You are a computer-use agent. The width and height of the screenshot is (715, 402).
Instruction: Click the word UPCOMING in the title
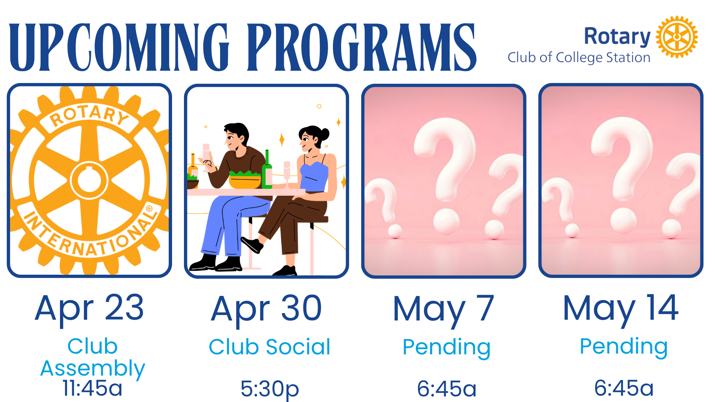(x=119, y=47)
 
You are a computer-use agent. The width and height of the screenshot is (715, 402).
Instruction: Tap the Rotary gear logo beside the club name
(x=677, y=37)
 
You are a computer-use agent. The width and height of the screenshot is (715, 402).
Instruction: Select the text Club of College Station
(x=579, y=58)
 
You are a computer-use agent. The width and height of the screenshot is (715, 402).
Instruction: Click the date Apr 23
(x=89, y=308)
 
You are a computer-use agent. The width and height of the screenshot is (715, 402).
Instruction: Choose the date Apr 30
(x=267, y=309)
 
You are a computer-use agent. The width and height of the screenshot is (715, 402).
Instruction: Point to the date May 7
(x=444, y=309)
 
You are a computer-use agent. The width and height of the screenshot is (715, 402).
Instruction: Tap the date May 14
(x=621, y=308)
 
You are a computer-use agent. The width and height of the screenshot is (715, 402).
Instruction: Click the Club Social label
(x=270, y=347)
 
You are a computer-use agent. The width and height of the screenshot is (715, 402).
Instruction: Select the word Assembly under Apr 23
(x=93, y=368)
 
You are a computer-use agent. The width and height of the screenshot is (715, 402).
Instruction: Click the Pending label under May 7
(x=447, y=348)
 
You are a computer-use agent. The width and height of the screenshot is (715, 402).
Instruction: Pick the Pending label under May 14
(x=624, y=347)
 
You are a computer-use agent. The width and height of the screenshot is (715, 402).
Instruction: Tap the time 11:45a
(x=92, y=388)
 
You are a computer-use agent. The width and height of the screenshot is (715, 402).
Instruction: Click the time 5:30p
(x=270, y=389)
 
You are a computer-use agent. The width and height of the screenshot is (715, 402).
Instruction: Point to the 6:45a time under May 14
(x=624, y=388)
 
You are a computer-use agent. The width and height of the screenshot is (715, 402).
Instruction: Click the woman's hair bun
(x=325, y=134)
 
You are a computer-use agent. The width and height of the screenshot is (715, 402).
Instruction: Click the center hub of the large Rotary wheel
(x=89, y=181)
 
